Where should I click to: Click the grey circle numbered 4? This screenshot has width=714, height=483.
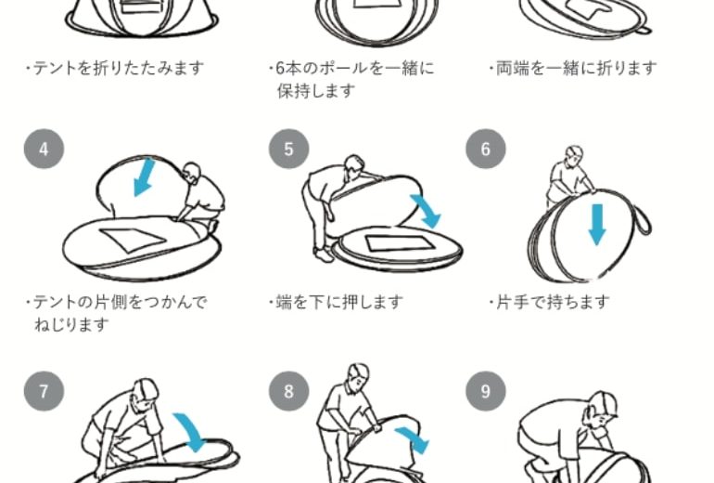tap(44, 149)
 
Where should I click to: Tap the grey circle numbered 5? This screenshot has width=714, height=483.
tap(288, 149)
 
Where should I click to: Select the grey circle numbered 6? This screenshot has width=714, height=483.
tap(485, 149)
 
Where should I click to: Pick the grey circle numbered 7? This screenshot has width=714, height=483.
tap(44, 391)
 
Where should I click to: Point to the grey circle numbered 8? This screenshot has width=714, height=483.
tap(288, 391)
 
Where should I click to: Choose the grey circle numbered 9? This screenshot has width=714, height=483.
tap(485, 391)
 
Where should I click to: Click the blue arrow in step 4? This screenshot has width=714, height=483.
tap(144, 178)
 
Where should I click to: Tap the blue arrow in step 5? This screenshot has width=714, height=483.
tap(427, 211)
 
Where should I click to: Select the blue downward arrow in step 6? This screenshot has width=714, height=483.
tap(597, 225)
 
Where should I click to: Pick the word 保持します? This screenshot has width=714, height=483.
tap(316, 91)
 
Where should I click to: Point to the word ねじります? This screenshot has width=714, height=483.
tap(72, 324)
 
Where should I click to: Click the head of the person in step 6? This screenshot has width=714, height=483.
tap(574, 154)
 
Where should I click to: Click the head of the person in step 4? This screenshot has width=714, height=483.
tap(192, 172)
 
